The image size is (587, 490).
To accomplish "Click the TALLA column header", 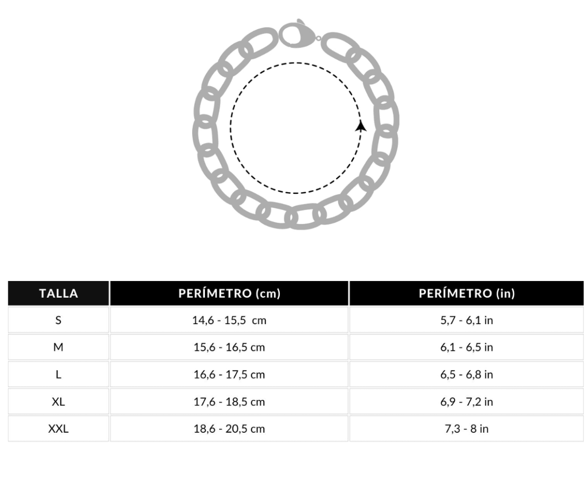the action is pyautogui.click(x=59, y=293).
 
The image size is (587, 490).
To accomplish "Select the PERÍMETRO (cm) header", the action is pyautogui.click(x=229, y=293).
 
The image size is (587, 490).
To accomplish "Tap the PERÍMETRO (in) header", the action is pyautogui.click(x=466, y=293).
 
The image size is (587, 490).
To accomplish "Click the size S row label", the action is pyautogui.click(x=58, y=320).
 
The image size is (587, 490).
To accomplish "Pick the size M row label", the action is pyautogui.click(x=58, y=347).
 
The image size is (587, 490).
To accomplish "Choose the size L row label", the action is pyautogui.click(x=58, y=374).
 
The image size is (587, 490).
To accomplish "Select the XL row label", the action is pyautogui.click(x=58, y=402).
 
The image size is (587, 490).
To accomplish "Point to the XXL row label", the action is pyautogui.click(x=58, y=429).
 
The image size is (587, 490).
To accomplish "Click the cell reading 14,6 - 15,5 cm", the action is pyautogui.click(x=229, y=320).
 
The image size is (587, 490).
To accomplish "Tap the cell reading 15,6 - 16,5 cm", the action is pyautogui.click(x=229, y=347).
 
